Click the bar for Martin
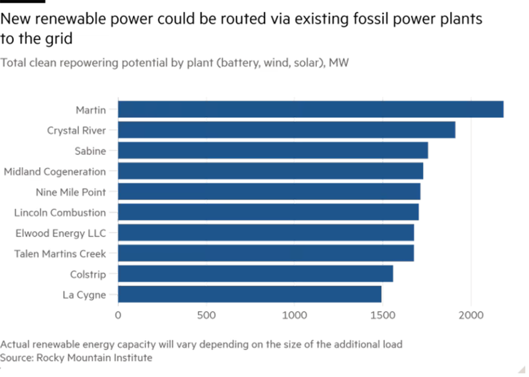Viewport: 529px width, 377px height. coord(311,109)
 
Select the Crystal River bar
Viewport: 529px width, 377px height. coord(287,130)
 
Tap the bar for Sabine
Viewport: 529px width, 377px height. coord(273,150)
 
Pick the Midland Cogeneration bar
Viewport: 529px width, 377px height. coord(270,171)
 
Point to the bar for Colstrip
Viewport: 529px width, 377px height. coord(256,274)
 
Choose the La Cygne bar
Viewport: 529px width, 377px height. coord(250,294)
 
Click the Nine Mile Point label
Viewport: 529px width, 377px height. coord(71,192)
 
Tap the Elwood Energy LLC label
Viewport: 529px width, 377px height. coord(61,233)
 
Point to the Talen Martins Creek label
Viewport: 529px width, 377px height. coord(60,254)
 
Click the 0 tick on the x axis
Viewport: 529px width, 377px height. coord(117,315)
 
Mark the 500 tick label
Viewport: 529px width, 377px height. coord(206,315)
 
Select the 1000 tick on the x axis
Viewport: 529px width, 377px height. coord(294,315)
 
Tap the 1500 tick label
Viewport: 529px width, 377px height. coord(383,315)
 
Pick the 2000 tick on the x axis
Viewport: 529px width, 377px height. coord(471,315)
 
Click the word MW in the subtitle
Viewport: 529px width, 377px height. coord(340,64)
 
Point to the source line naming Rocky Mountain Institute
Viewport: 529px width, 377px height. coord(76,358)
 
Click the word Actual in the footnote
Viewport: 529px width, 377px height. coord(13,345)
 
